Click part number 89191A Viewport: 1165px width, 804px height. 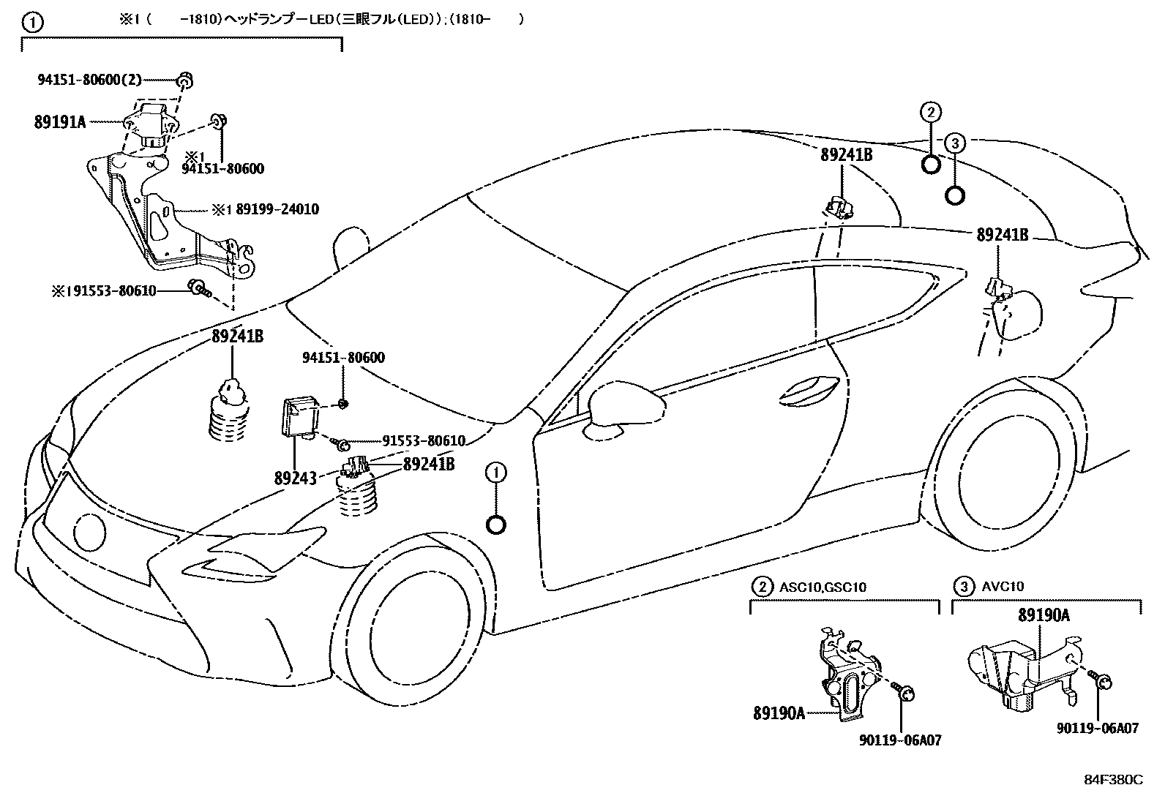59,122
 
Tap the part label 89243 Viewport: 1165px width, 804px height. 295,478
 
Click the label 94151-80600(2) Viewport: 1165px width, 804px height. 89,80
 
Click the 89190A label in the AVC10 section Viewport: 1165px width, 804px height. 1044,615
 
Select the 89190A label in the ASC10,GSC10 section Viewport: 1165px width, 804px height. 779,713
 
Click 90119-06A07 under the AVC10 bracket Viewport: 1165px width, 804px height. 1097,729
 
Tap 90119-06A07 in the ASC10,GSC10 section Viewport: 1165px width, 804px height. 899,740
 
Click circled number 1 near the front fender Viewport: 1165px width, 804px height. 495,473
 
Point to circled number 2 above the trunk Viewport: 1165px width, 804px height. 930,113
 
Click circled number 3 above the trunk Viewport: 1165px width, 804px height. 954,143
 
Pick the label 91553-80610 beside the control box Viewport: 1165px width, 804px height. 423,441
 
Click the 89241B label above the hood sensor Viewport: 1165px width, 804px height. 238,337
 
